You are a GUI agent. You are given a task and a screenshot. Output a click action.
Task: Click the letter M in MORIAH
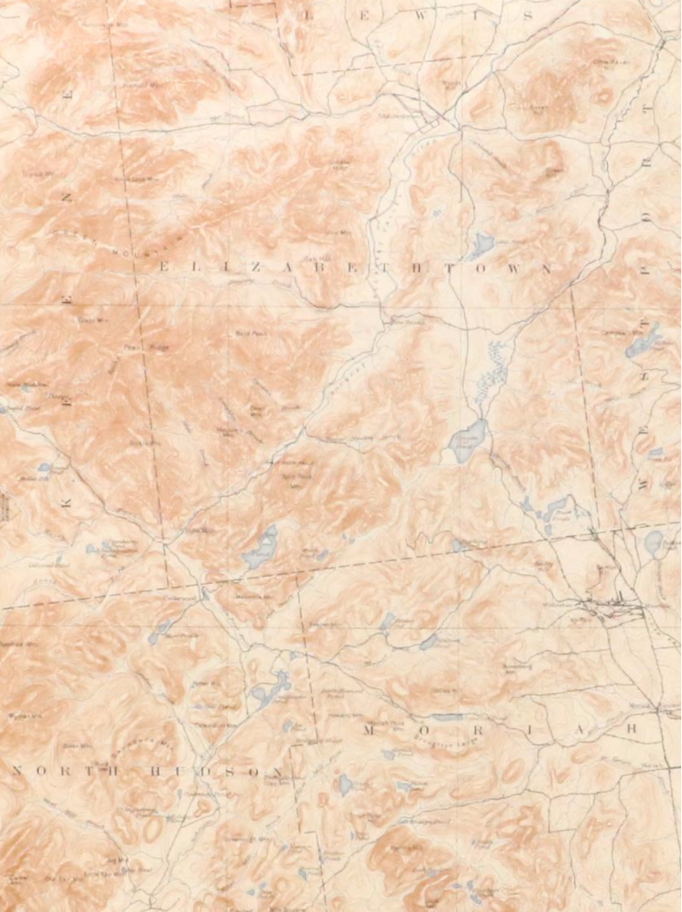(x=368, y=730)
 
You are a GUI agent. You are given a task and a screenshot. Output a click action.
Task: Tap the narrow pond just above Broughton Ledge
(x=447, y=717)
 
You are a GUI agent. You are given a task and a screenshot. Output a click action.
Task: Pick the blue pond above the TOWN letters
(x=482, y=244)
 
